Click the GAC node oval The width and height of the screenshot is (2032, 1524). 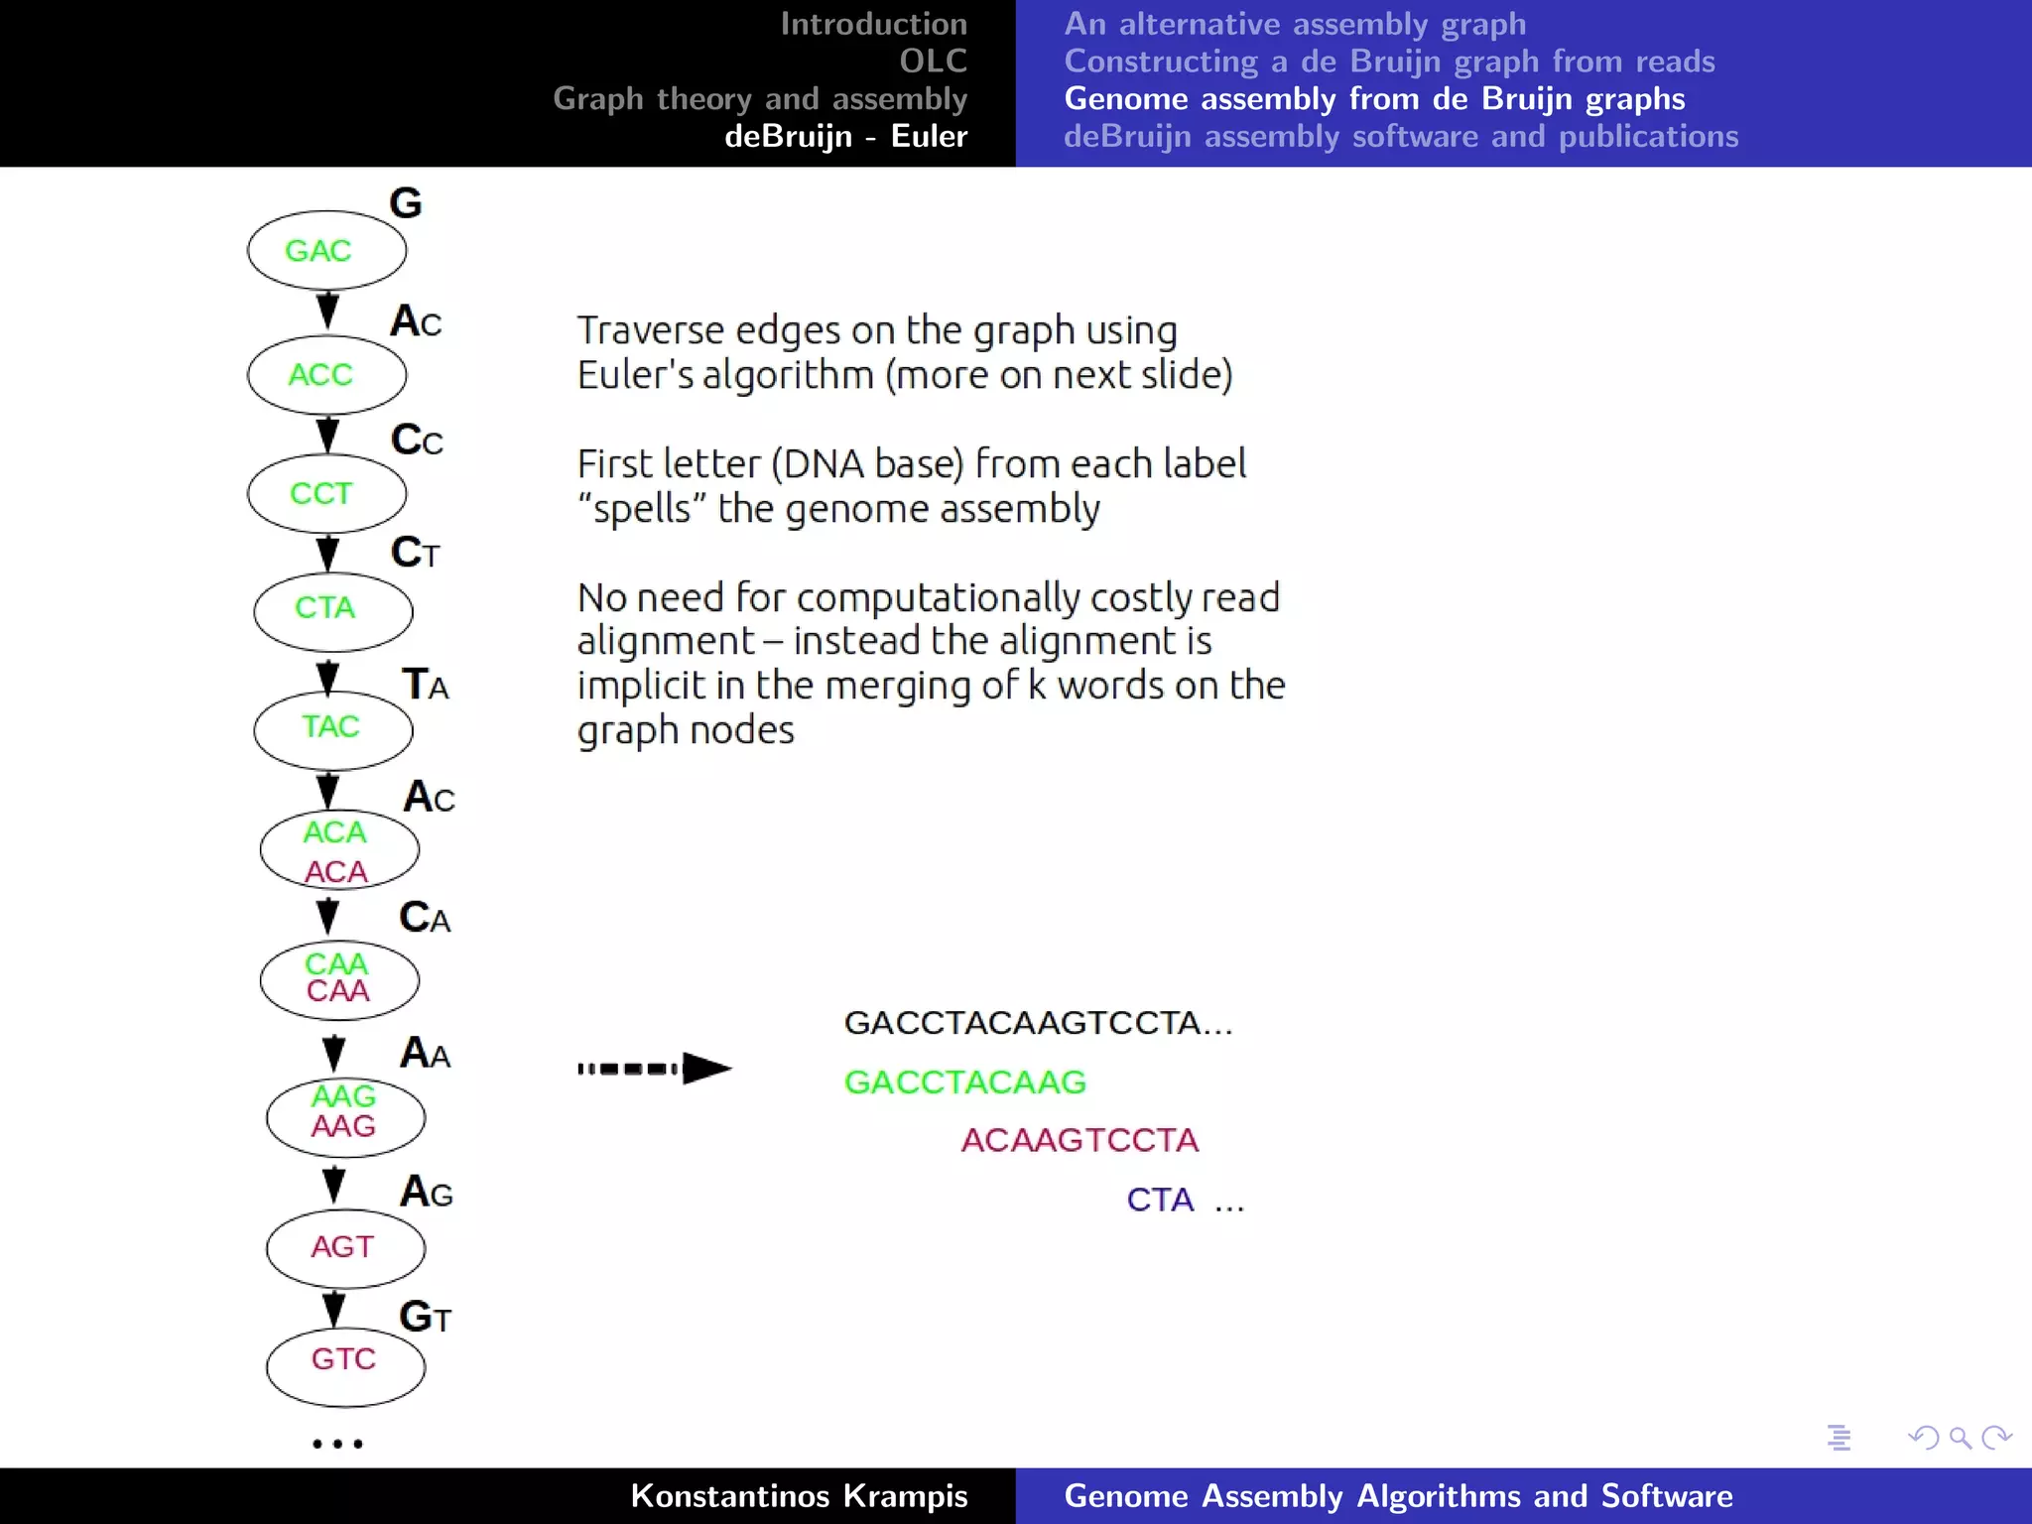pos(326,250)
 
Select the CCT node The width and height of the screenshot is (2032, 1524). pos(326,493)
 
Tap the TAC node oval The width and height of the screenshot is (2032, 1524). pos(332,727)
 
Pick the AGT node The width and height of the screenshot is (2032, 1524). pos(344,1247)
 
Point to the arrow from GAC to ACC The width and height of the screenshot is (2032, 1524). pos(327,311)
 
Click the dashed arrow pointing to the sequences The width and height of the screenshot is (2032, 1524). pos(655,1069)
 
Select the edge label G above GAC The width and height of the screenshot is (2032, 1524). pos(405,203)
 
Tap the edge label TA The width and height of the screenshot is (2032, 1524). pos(425,685)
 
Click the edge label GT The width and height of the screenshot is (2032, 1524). pos(425,1318)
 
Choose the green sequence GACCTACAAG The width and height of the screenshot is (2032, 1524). pos(964,1082)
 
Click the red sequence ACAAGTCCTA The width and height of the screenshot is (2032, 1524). pos(1079,1141)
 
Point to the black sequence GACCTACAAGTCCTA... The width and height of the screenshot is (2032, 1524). pos(1037,1023)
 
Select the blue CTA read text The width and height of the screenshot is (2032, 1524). pos(1160,1201)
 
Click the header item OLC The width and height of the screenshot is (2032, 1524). pos(933,62)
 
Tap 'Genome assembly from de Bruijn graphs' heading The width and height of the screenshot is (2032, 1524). pos(1374,99)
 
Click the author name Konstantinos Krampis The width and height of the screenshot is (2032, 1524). pos(799,1496)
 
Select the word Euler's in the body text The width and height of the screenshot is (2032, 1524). pos(635,376)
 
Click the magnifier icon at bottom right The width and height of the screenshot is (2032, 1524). pos(1960,1438)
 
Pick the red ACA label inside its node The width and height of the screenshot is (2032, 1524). pos(336,871)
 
